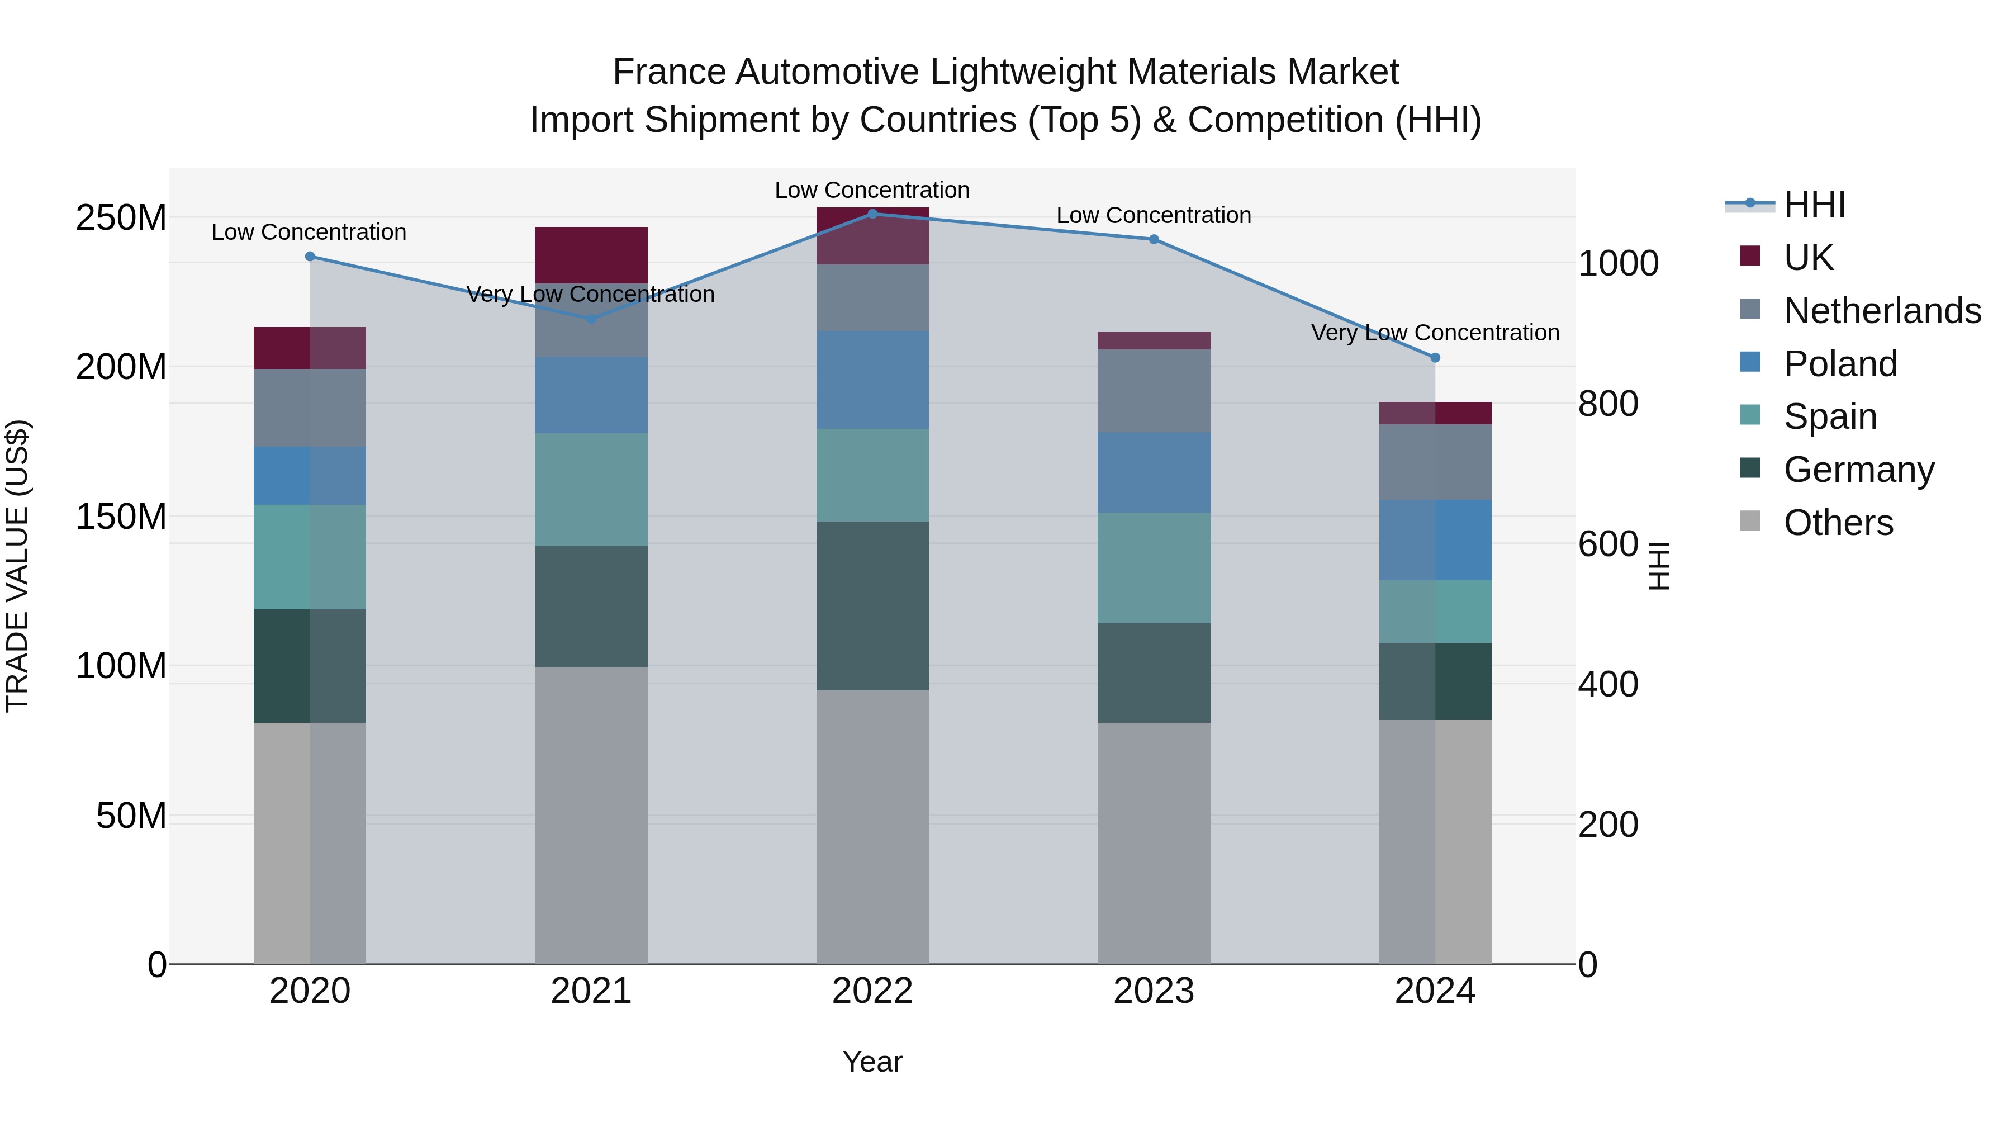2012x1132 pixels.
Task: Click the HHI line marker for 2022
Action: tap(872, 214)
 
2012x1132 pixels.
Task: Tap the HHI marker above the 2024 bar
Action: tap(1435, 358)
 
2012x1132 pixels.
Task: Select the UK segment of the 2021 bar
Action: tap(591, 255)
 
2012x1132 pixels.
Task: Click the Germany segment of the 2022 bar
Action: tap(872, 605)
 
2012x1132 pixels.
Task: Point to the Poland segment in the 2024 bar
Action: tap(1435, 540)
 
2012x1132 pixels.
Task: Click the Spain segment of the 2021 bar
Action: tap(591, 489)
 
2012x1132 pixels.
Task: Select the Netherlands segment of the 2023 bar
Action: tap(1154, 391)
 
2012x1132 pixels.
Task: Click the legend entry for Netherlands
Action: tap(1882, 311)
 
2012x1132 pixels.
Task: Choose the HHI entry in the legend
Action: tap(1814, 205)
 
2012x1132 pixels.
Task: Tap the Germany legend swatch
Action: tap(1750, 469)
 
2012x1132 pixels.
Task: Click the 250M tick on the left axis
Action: tap(121, 218)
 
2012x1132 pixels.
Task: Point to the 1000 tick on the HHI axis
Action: tap(1617, 263)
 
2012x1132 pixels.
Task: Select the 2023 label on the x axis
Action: tap(1154, 991)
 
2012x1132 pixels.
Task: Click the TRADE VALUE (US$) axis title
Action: tap(18, 566)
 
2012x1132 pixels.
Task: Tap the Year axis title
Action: tap(872, 1062)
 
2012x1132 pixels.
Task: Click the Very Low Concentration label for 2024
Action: tap(1435, 333)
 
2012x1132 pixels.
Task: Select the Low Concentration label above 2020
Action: tap(309, 232)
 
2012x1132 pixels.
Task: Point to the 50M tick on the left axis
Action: tap(131, 816)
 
